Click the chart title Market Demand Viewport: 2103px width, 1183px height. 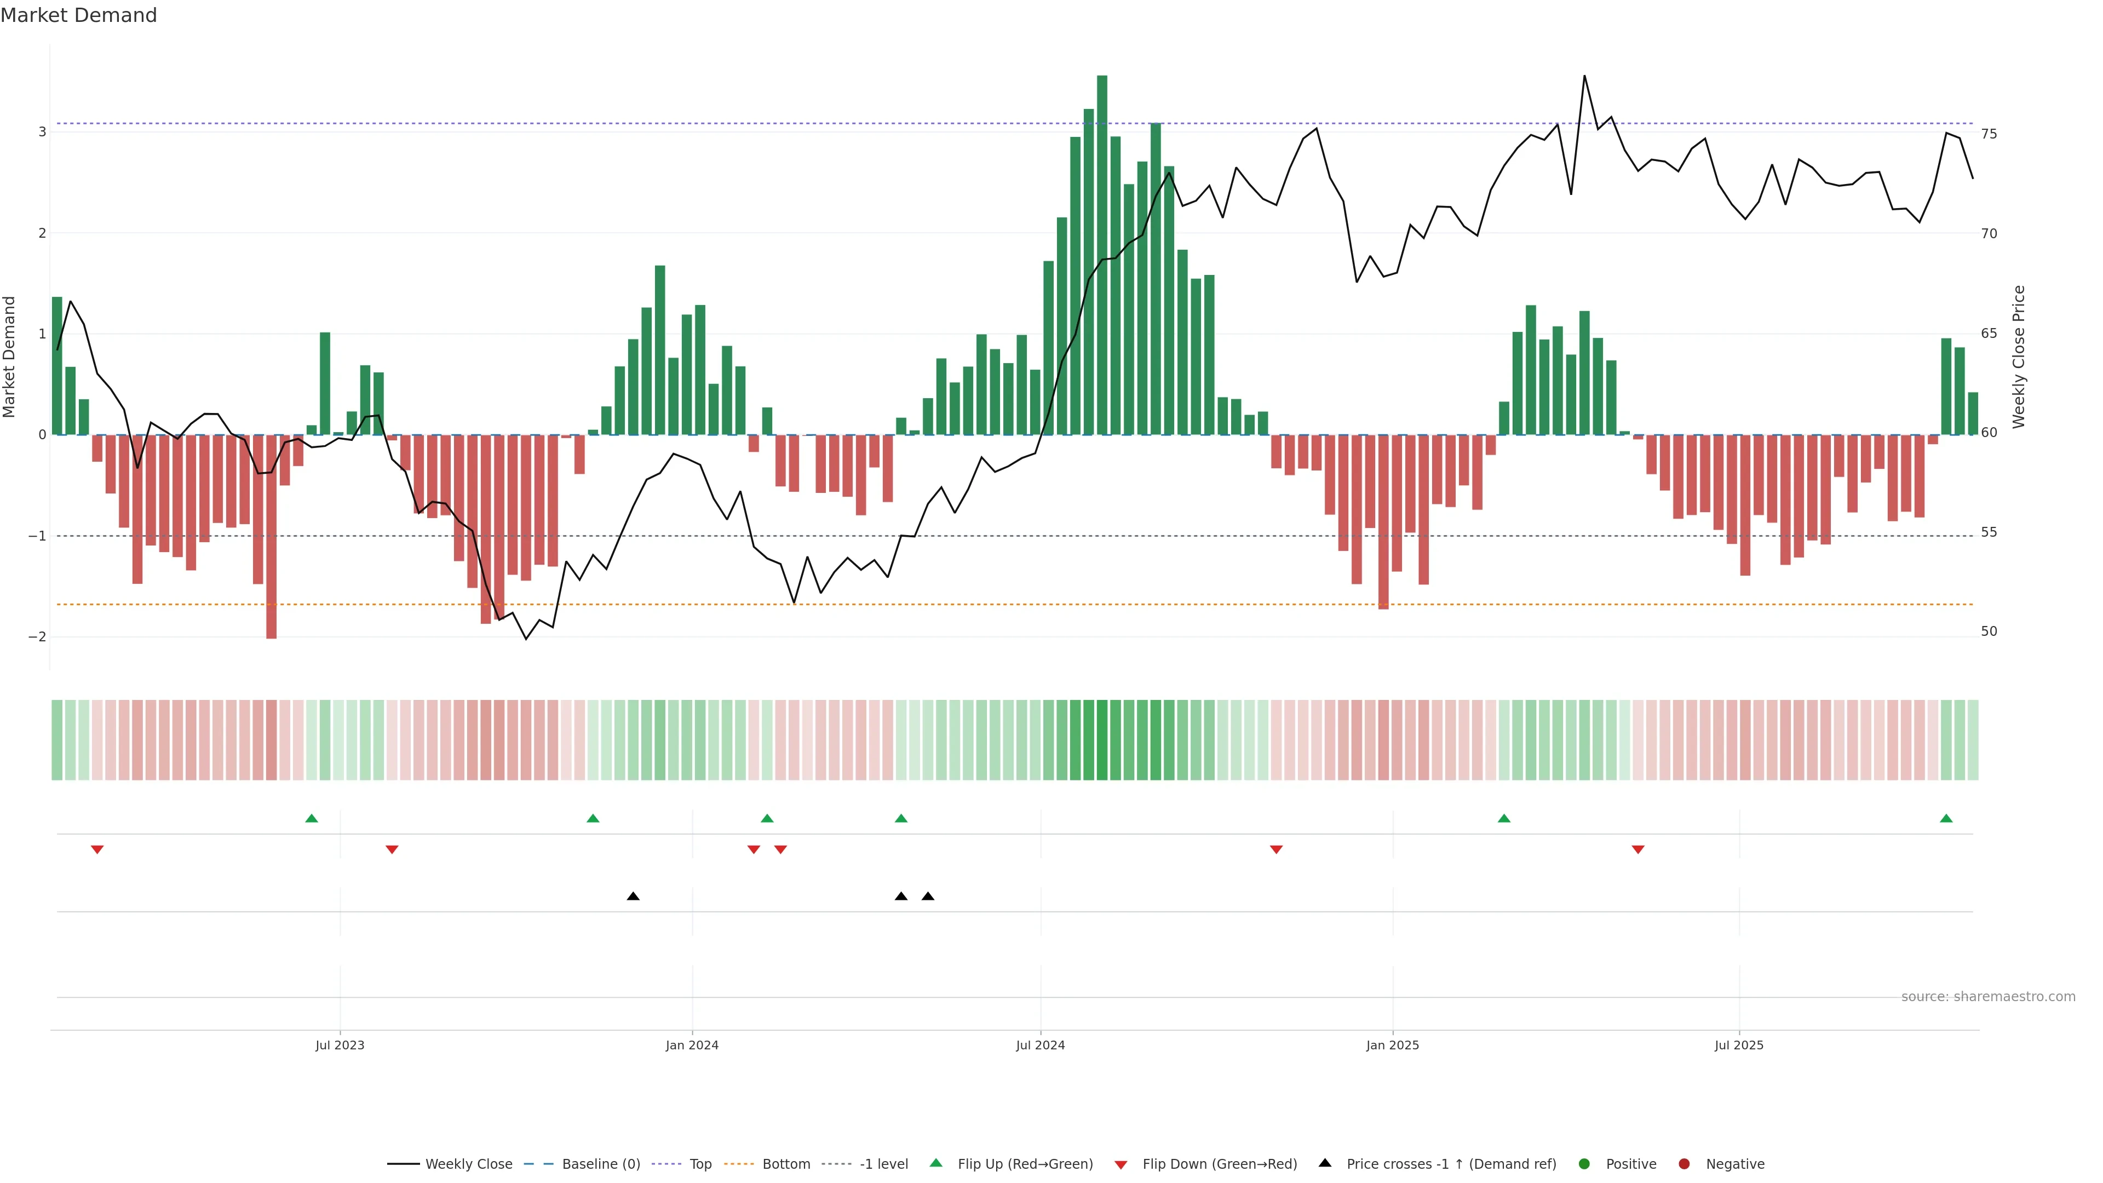pyautogui.click(x=78, y=15)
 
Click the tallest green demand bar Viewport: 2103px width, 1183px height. pyautogui.click(x=1102, y=255)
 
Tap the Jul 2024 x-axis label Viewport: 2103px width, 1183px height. pyautogui.click(x=1040, y=1045)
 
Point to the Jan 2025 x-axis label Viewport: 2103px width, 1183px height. pyautogui.click(x=1393, y=1045)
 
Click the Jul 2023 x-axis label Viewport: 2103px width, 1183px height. pyautogui.click(x=340, y=1045)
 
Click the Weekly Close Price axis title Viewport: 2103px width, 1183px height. pyautogui.click(x=2018, y=357)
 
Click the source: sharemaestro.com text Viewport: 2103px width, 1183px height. pyautogui.click(x=1988, y=997)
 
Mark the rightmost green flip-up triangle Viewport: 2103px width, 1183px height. pyautogui.click(x=1946, y=818)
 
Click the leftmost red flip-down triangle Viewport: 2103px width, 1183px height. pyautogui.click(x=97, y=850)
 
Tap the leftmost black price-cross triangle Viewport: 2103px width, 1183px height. pyautogui.click(x=633, y=897)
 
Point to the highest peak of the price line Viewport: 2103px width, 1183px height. pyautogui.click(x=1584, y=76)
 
